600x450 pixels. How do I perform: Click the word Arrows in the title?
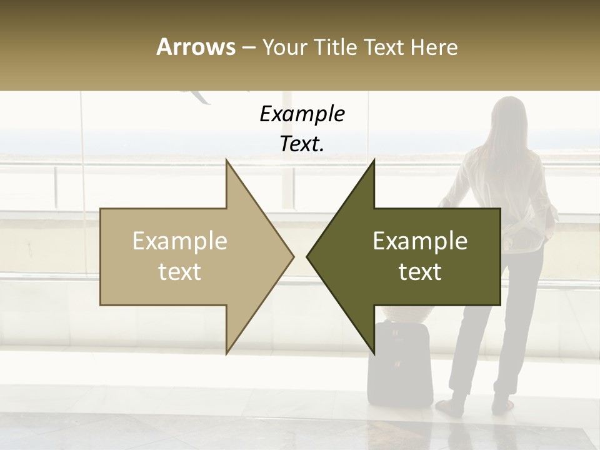click(196, 47)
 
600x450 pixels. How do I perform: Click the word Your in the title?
click(283, 47)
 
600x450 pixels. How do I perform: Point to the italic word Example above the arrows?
click(302, 114)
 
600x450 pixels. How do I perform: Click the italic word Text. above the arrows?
click(302, 144)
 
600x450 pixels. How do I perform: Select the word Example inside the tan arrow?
click(179, 241)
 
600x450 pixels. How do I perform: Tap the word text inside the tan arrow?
click(179, 272)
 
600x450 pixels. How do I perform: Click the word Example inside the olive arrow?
click(420, 241)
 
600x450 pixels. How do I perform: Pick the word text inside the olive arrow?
click(420, 272)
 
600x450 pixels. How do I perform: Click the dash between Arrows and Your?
click(248, 47)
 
